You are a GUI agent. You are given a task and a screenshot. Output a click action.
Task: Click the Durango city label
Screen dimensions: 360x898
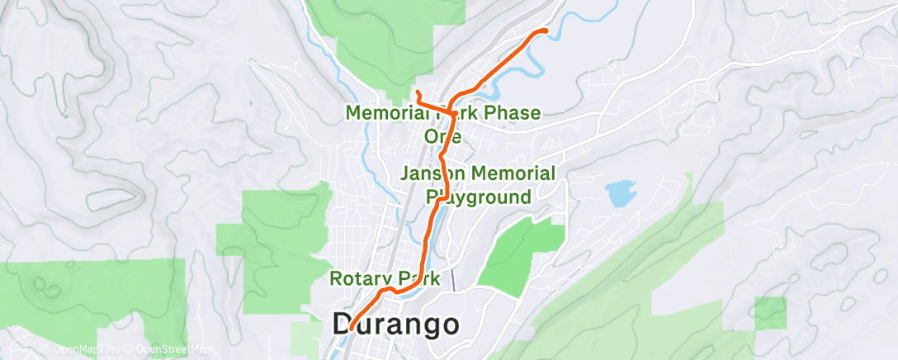pyautogui.click(x=396, y=324)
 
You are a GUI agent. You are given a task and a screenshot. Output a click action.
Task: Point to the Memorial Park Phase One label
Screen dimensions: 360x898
pyautogui.click(x=443, y=123)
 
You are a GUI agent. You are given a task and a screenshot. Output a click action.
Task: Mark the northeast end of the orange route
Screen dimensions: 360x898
pyautogui.click(x=546, y=31)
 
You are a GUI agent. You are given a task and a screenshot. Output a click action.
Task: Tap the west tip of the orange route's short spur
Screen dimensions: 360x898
pyautogui.click(x=418, y=92)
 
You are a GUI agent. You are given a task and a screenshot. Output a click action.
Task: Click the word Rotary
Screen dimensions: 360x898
pyautogui.click(x=360, y=278)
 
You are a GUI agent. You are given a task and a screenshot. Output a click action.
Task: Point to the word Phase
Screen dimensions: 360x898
pyautogui.click(x=511, y=112)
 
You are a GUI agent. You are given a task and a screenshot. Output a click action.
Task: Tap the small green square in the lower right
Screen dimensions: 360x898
pyautogui.click(x=771, y=313)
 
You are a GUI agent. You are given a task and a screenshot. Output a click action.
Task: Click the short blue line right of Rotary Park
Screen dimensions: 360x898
pyautogui.click(x=452, y=279)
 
